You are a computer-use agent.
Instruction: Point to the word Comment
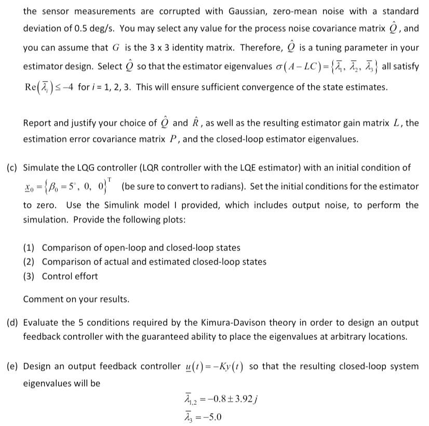point(42,299)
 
